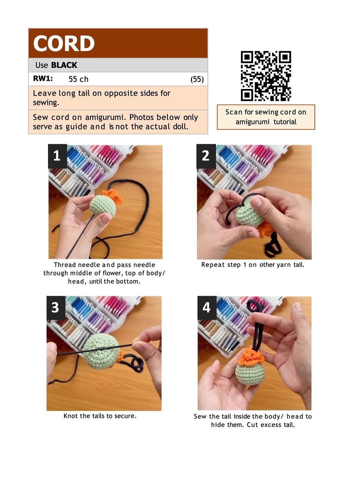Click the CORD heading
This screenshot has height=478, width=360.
64,43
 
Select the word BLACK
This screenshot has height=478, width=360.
64,65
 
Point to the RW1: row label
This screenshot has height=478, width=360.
43,78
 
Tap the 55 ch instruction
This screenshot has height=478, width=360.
78,79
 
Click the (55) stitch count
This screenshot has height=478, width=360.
197,79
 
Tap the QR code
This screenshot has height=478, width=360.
266,76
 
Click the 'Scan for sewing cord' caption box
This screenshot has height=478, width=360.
266,117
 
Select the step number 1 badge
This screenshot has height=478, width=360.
57,156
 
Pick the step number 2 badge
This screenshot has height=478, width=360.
206,156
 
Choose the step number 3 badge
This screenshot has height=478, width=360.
56,307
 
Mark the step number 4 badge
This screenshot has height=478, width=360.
207,307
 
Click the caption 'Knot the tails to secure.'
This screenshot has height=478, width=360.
100,416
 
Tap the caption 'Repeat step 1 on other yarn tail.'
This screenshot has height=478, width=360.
253,265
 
